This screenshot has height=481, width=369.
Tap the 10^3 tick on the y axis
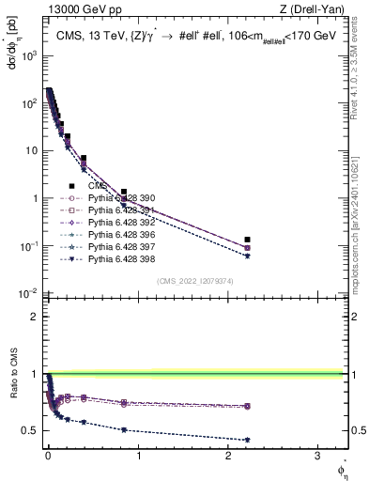click(26, 55)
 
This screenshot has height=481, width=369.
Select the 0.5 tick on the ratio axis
click(30, 430)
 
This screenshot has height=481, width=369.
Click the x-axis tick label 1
click(138, 455)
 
